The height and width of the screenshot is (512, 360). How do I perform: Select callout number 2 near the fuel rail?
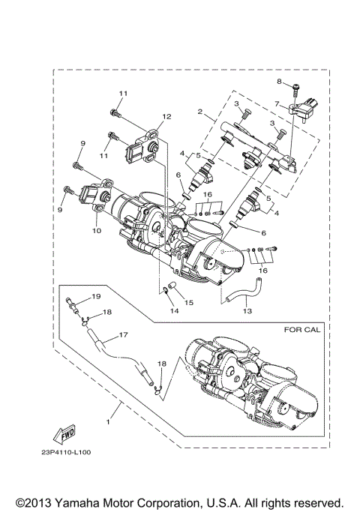coord(200,112)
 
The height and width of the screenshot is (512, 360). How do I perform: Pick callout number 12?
coord(166,116)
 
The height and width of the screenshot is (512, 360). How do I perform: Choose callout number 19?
coord(96,297)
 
